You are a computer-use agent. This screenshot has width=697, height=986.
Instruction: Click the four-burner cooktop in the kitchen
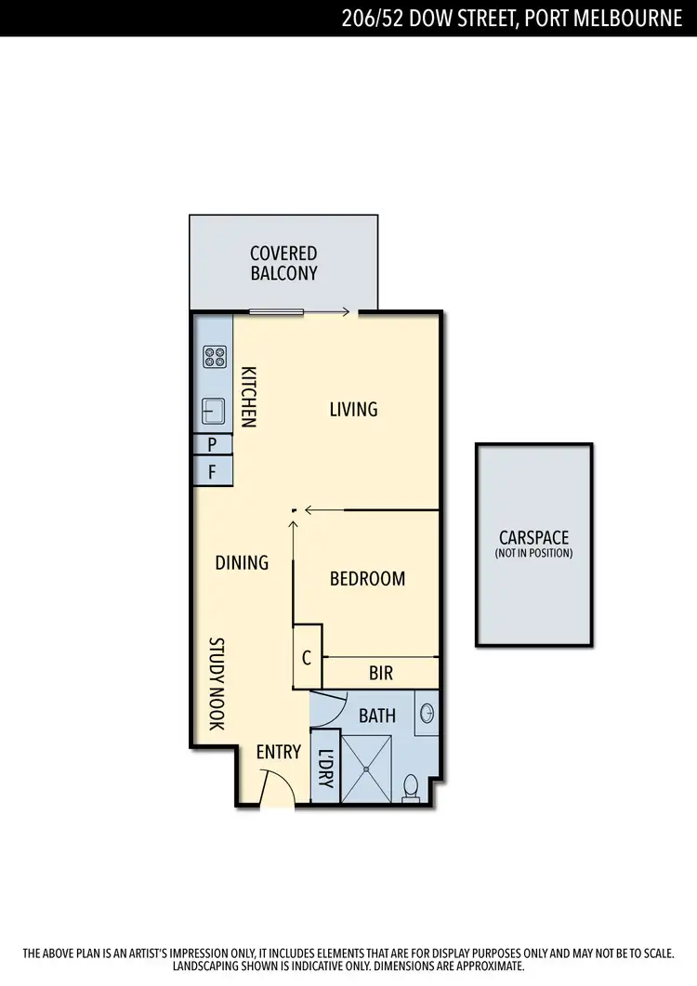coord(215,358)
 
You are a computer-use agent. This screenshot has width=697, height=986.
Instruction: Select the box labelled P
coord(213,444)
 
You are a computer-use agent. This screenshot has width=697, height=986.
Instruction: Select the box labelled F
coord(213,472)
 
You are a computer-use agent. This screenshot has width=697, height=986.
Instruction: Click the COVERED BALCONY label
coord(283,263)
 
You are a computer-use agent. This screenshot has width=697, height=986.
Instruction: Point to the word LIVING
coord(353,409)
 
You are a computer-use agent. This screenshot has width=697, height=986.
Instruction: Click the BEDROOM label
coord(367,579)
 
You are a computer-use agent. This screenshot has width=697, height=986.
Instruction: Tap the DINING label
coord(242,562)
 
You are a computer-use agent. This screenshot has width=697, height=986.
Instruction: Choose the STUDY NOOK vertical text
coord(216,683)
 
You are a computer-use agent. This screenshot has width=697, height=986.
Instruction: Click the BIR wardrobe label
coord(381,673)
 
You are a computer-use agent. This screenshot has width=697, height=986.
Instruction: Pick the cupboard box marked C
coord(307,658)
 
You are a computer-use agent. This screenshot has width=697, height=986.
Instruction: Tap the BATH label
coord(377,716)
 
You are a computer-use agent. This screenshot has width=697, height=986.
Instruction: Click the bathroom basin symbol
coord(427,714)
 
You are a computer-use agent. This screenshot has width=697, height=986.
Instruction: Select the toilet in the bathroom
coord(410,788)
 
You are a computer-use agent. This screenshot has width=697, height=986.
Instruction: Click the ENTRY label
coord(279,751)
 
